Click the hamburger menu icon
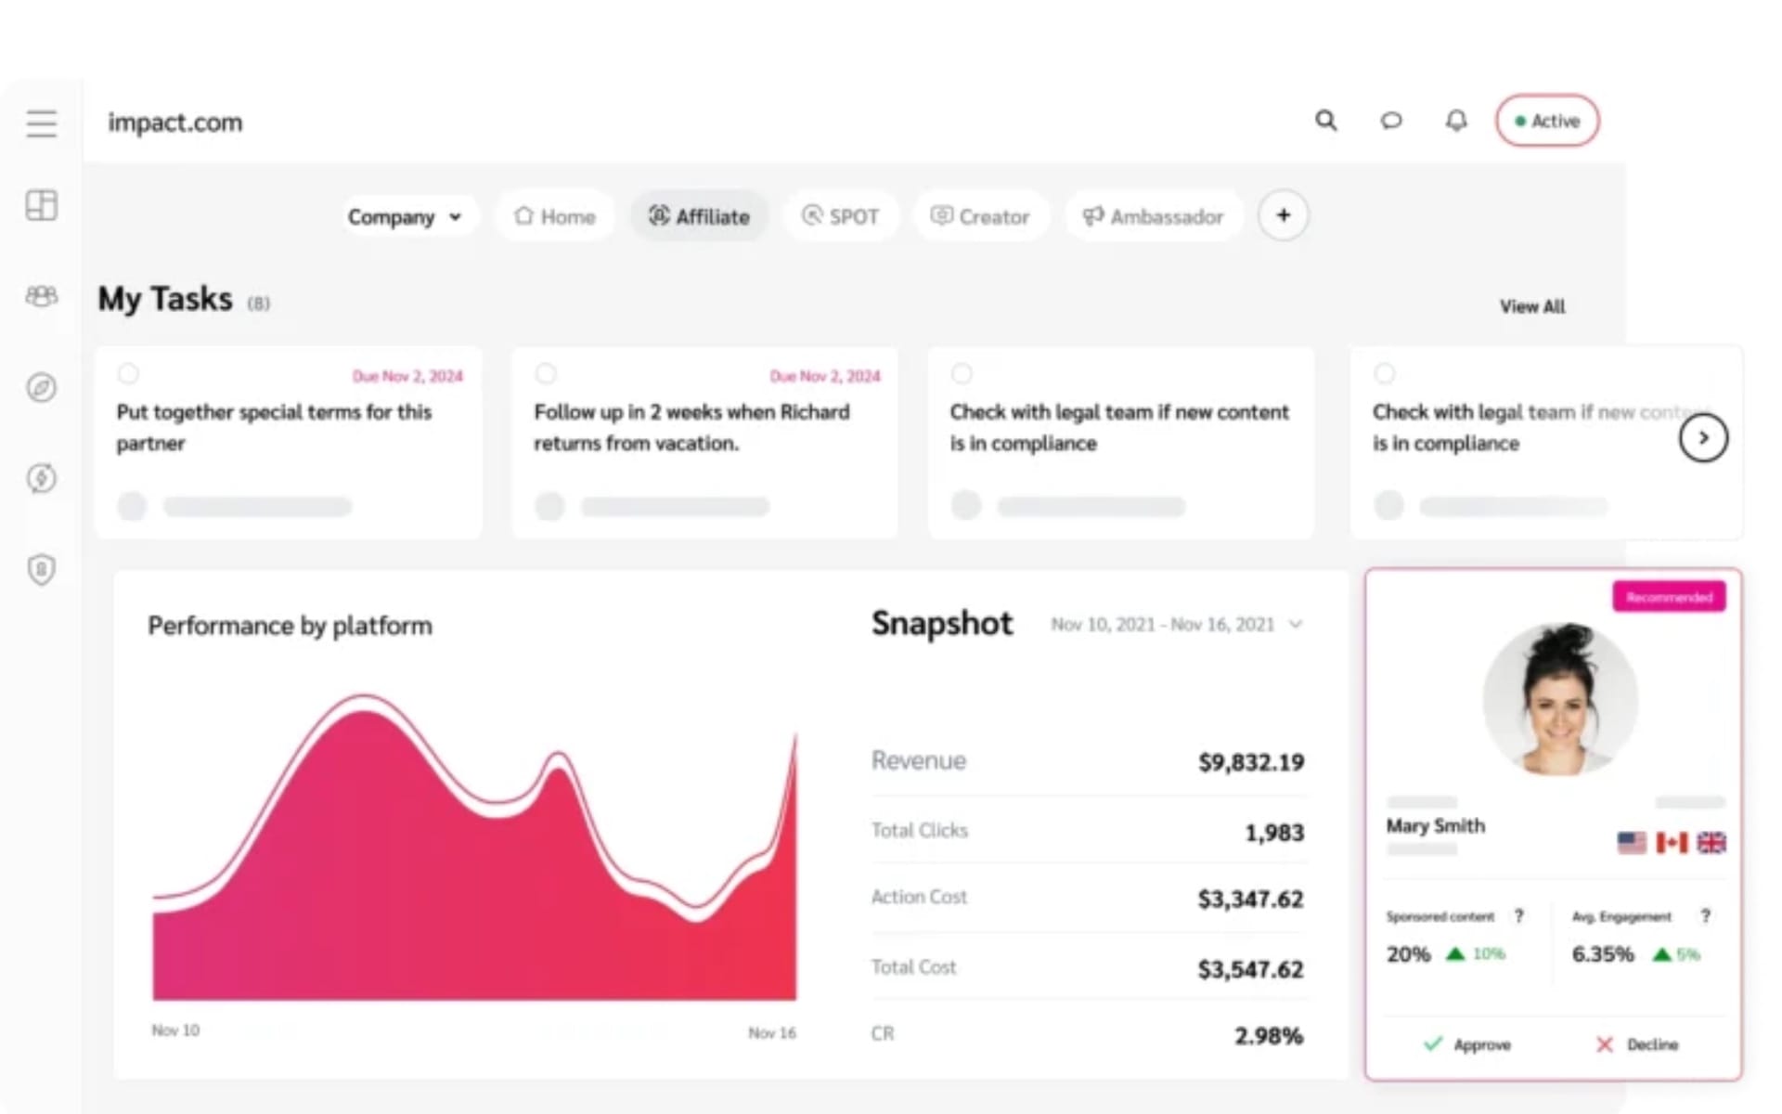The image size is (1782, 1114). (x=41, y=123)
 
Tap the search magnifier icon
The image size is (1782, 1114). (x=1326, y=121)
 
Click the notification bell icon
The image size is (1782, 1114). (x=1456, y=121)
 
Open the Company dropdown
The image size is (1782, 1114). (x=406, y=217)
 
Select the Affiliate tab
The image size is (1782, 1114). (x=699, y=217)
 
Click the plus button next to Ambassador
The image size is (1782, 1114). (x=1283, y=215)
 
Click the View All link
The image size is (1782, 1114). (x=1532, y=306)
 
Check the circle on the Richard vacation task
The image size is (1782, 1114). (x=546, y=373)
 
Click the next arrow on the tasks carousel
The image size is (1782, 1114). (x=1703, y=438)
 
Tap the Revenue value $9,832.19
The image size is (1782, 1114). (x=1250, y=763)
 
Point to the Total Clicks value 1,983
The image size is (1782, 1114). (x=1273, y=833)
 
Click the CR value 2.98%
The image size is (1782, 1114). (x=1268, y=1036)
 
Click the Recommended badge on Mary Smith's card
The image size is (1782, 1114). (x=1669, y=597)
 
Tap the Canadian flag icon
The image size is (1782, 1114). (x=1672, y=842)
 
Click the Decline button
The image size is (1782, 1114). (x=1637, y=1044)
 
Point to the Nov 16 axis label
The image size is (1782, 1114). (x=772, y=1033)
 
